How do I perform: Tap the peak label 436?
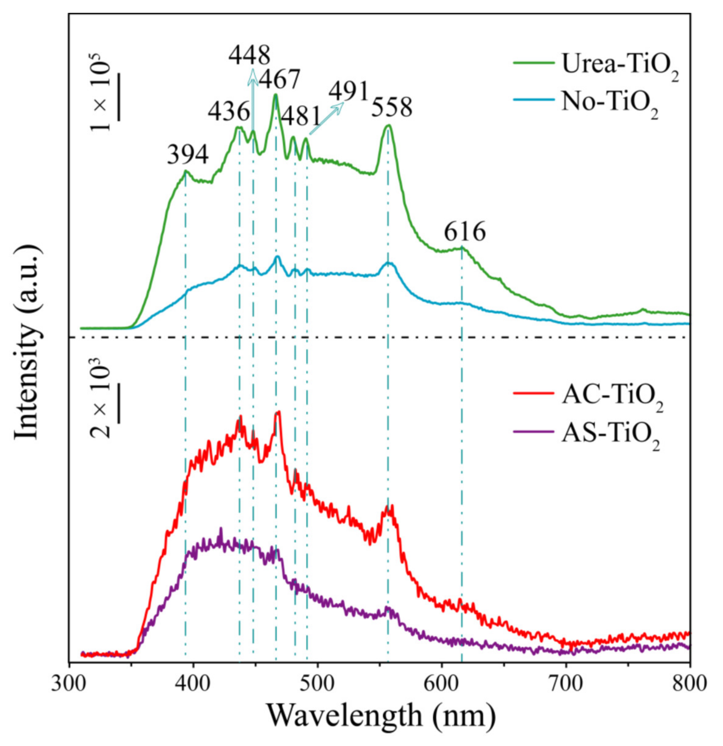(x=229, y=112)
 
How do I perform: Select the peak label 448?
(x=249, y=56)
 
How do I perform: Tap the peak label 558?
(x=392, y=108)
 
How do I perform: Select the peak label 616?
(x=465, y=233)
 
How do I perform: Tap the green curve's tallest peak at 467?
(x=275, y=95)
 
